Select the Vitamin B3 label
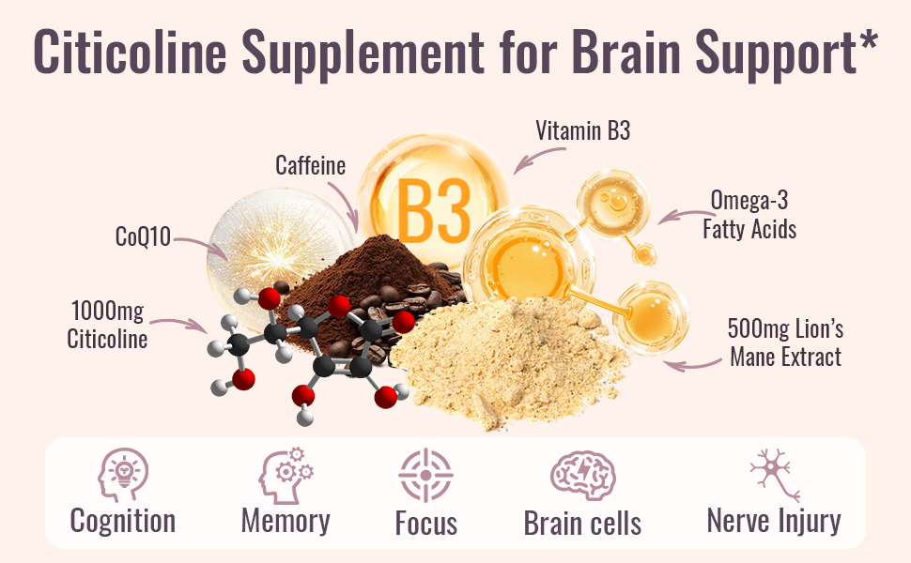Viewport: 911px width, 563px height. [582, 130]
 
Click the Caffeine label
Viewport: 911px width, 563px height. [310, 166]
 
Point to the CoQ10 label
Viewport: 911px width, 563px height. [143, 236]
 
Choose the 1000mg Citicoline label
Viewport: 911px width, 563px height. [107, 324]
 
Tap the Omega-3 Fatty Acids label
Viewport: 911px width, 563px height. [749, 214]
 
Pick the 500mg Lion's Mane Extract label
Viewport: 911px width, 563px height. [785, 342]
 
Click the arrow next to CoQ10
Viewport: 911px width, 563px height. [201, 245]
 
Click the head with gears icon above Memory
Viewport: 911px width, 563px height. [286, 475]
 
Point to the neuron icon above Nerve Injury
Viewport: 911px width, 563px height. [774, 475]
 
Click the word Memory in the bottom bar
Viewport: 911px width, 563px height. [286, 521]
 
